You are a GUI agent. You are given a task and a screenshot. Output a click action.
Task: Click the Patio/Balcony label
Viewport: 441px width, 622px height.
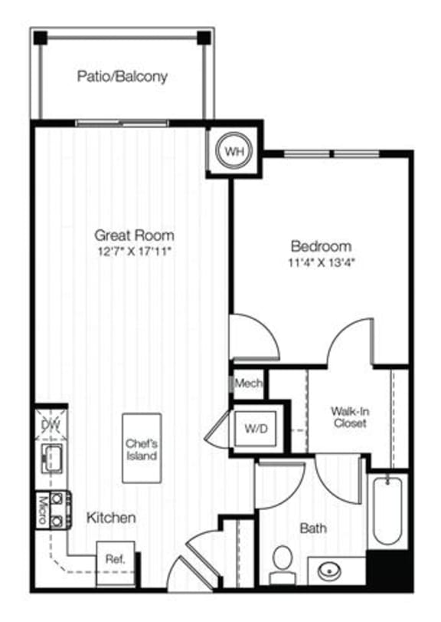[x=122, y=77]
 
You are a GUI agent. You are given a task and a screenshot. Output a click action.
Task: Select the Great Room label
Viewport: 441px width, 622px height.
[x=134, y=235]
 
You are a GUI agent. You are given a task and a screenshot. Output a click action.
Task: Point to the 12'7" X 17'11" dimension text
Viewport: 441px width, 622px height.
[x=134, y=250]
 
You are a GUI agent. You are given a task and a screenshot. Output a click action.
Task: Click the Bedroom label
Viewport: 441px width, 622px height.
[x=321, y=246]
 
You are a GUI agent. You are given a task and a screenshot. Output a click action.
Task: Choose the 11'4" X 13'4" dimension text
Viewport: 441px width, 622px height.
[x=321, y=262]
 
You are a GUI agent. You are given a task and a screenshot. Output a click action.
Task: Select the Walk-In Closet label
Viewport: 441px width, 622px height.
[x=348, y=416]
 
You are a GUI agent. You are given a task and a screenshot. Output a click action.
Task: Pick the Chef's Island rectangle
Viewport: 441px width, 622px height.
[x=142, y=449]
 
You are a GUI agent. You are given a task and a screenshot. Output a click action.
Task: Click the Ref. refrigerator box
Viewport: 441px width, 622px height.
[x=115, y=558]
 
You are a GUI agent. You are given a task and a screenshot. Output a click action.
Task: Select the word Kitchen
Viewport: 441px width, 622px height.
[x=111, y=518]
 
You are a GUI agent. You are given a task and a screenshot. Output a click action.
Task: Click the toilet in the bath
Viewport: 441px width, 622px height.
[x=283, y=560]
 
